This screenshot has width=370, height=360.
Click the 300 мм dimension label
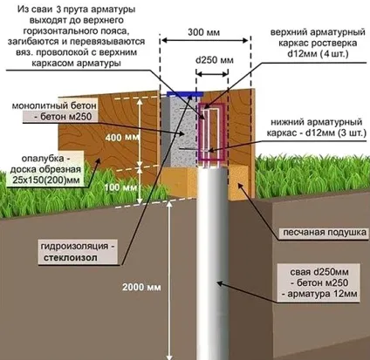click(x=203, y=32)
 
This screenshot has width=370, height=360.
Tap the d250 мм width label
click(x=215, y=60)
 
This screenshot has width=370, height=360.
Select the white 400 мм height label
click(x=122, y=137)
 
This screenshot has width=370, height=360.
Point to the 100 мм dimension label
click(x=120, y=187)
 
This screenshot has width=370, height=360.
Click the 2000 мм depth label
click(x=141, y=288)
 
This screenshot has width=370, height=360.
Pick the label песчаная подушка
click(x=325, y=233)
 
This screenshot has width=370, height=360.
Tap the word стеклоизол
click(x=71, y=258)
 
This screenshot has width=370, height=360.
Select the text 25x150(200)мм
click(x=46, y=180)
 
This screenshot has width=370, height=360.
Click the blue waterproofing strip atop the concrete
click(x=185, y=94)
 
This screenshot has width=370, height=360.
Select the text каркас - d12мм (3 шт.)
click(x=317, y=132)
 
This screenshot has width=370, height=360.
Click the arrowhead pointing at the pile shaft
click(x=221, y=282)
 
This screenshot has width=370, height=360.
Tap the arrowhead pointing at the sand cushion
click(x=240, y=185)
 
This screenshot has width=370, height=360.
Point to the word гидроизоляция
click(x=74, y=246)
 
